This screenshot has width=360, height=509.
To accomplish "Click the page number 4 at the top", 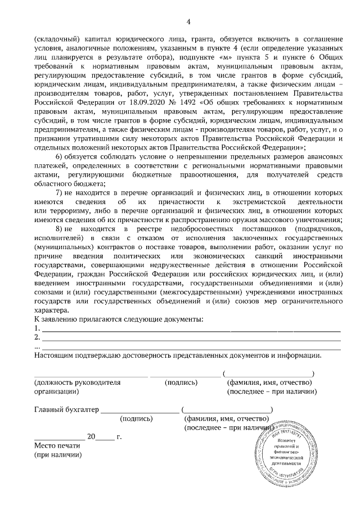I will tap(188, 22).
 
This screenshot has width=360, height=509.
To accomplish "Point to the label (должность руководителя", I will tap(78, 382).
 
